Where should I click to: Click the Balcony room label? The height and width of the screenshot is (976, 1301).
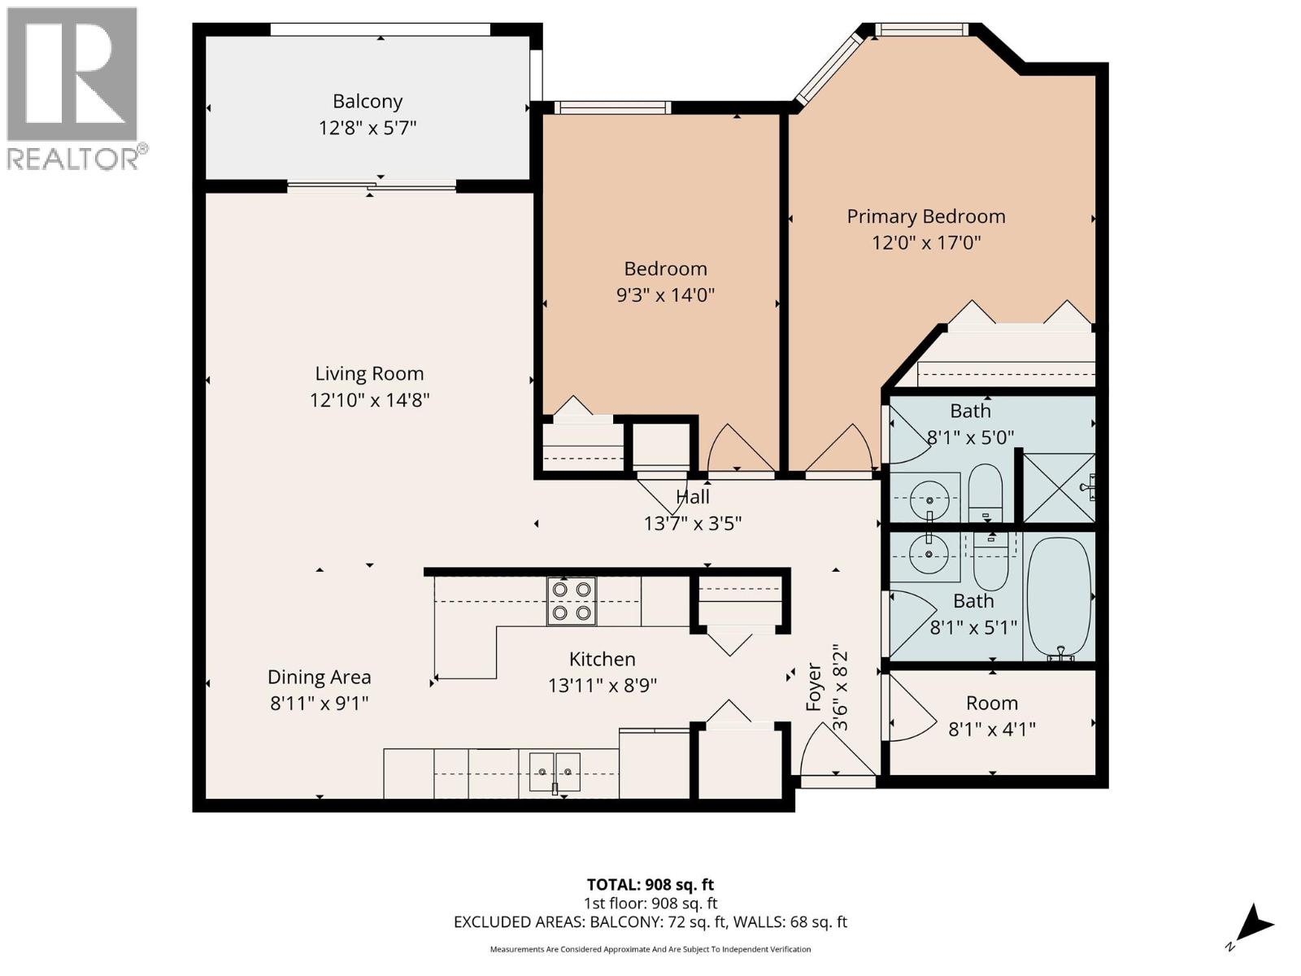pyautogui.click(x=368, y=102)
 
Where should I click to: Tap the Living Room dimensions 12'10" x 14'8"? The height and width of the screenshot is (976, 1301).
pyautogui.click(x=369, y=400)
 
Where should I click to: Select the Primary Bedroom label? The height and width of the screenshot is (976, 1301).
pyautogui.click(x=926, y=216)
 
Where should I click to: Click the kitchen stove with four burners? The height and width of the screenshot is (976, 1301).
pyautogui.click(x=571, y=601)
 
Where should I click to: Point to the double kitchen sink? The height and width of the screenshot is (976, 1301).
pyautogui.click(x=555, y=770)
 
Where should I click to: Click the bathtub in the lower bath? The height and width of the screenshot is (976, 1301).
pyautogui.click(x=1058, y=597)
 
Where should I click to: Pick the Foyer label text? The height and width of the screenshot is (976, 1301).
pyautogui.click(x=814, y=687)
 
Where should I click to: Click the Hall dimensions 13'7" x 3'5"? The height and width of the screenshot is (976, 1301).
pyautogui.click(x=693, y=523)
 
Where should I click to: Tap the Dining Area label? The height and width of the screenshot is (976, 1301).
pyautogui.click(x=319, y=677)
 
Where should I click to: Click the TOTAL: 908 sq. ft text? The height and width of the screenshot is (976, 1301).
pyautogui.click(x=650, y=884)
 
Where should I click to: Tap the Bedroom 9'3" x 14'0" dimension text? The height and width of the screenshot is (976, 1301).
pyautogui.click(x=665, y=294)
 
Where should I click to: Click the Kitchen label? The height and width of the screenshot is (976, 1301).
pyautogui.click(x=602, y=659)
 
